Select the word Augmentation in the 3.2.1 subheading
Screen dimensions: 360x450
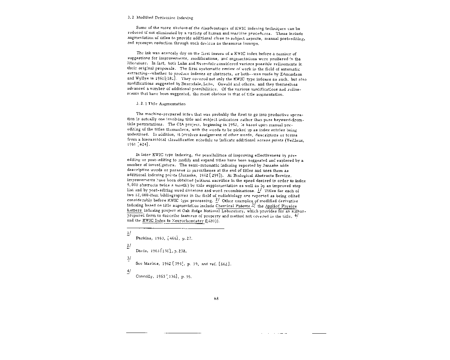tap(172, 104)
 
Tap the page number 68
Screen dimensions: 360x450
tap(216, 299)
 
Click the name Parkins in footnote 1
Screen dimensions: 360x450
tap(143, 238)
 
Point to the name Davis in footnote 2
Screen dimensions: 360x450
tap(141, 251)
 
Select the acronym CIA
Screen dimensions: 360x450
tap(182, 124)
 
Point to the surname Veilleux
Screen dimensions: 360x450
tap(294, 140)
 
